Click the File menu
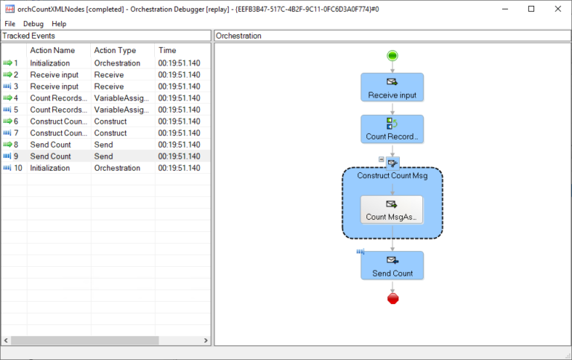tap(10, 24)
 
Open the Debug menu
tap(34, 24)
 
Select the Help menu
tap(59, 24)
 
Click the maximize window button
tap(531, 9)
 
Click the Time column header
tap(168, 50)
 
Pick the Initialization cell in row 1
tap(50, 63)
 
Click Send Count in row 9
tap(51, 157)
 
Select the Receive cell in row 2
tap(109, 75)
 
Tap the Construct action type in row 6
tap(110, 121)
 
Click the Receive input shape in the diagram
tap(392, 87)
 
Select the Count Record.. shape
tap(392, 129)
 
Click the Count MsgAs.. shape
tap(392, 209)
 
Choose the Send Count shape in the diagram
tap(392, 265)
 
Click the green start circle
tap(393, 56)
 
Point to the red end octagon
tap(393, 298)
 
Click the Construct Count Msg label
tap(392, 175)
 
